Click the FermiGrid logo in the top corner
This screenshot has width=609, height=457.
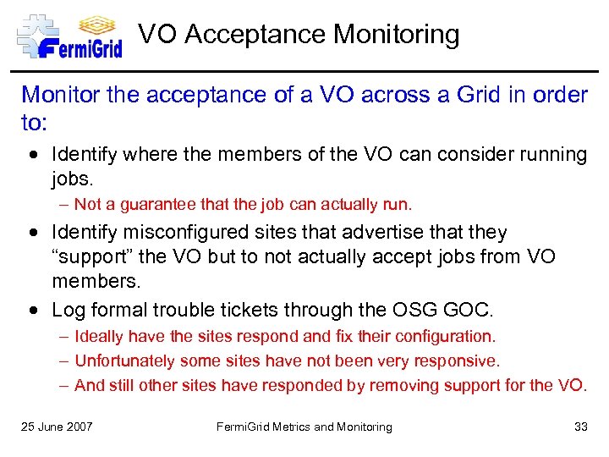(x=69, y=36)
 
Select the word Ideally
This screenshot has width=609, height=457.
(x=99, y=337)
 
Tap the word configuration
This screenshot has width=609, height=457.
(x=450, y=337)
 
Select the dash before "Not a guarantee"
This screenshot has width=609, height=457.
(x=63, y=204)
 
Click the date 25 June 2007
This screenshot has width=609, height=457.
(x=57, y=427)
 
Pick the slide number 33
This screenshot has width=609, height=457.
(x=580, y=427)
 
